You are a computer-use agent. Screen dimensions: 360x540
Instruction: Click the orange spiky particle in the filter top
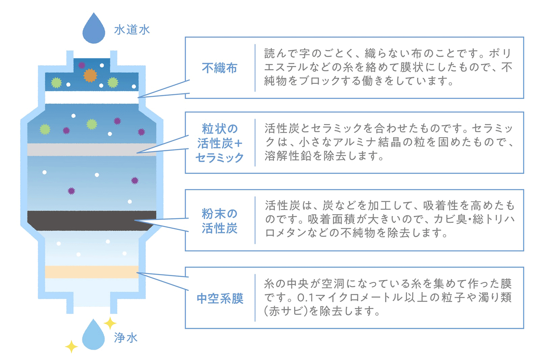pos(90,75)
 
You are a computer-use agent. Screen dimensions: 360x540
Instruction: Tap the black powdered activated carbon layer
pos(92,220)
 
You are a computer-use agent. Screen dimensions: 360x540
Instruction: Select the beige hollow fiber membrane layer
pos(92,272)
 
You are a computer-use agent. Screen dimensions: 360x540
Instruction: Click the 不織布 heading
pos(220,68)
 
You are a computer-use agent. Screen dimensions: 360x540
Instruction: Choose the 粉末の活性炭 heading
pos(220,220)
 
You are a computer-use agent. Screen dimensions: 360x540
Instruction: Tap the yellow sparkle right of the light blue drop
pos(110,323)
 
